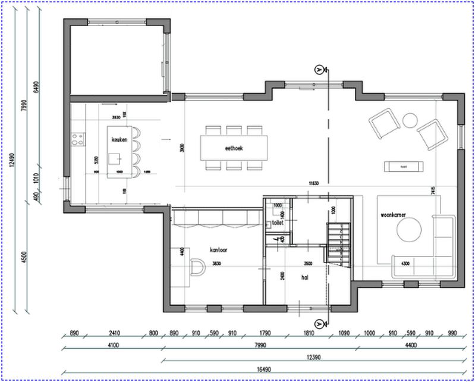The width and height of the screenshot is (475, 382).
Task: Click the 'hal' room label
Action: (305, 277)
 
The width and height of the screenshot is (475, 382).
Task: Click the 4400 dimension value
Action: (410, 345)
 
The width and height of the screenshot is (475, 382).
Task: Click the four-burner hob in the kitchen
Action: (77, 140)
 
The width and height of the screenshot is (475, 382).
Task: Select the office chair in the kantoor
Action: (197, 267)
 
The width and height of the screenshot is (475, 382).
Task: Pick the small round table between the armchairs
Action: (410, 120)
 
